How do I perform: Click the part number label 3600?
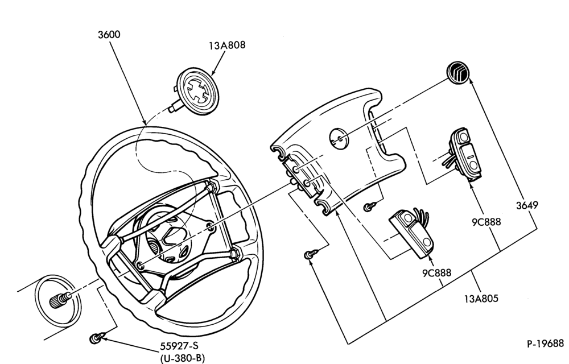[x=109, y=35]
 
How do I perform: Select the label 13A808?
[x=227, y=45]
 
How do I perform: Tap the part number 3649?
[x=527, y=205]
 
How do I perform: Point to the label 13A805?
[x=481, y=299]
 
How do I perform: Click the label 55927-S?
[x=179, y=346]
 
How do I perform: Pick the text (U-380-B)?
[x=182, y=358]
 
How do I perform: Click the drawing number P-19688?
[x=546, y=344]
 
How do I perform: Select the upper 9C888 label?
[x=486, y=221]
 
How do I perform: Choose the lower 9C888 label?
[x=436, y=272]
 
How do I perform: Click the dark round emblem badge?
[x=457, y=72]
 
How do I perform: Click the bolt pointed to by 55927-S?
[x=96, y=338]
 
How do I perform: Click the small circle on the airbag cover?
[x=338, y=139]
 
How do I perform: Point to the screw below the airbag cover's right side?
[x=369, y=207]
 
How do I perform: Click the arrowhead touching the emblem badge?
[x=472, y=81]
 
